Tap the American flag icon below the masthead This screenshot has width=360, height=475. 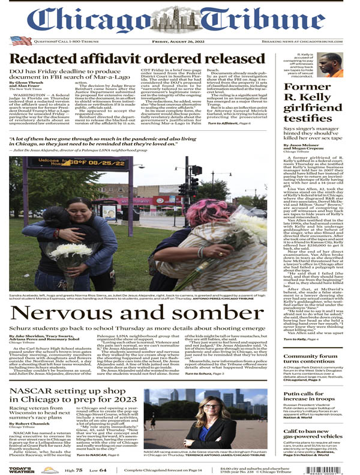[x=17, y=41]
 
